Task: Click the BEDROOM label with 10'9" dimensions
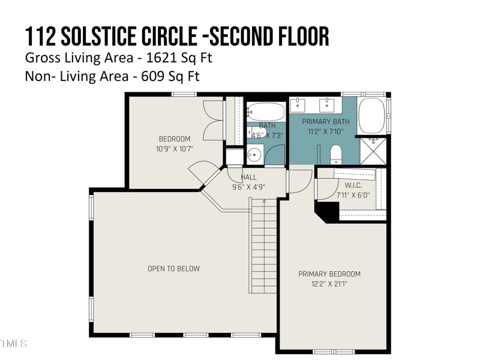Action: coord(175,139)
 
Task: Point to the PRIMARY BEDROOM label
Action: coord(329,274)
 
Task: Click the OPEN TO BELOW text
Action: coord(174,269)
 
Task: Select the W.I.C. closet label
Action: coord(353,185)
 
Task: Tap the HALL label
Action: coord(249,178)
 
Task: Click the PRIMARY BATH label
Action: coord(325,122)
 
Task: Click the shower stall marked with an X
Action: coord(373,150)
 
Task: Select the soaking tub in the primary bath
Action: coord(371,115)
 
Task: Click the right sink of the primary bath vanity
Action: coord(327,106)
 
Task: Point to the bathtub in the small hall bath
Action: coord(266,112)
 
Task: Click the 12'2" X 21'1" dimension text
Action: coord(329,284)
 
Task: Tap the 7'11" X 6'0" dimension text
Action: coord(353,195)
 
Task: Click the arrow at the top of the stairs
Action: coord(264,202)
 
